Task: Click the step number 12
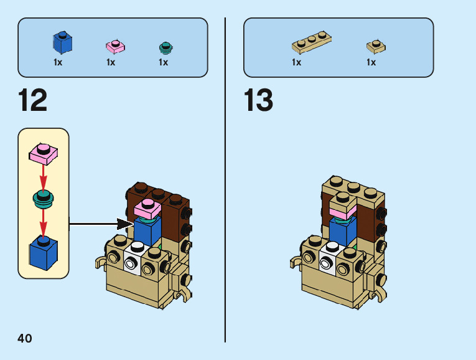pos(33,100)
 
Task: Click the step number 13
pos(258,100)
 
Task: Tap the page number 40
pos(25,338)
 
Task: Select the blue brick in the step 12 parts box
pos(62,42)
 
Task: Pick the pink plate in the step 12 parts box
pos(115,46)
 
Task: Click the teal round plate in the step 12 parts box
pos(166,47)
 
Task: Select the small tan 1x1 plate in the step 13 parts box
pos(375,46)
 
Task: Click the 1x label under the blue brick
pos(58,62)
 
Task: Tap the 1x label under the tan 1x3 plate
pos(296,62)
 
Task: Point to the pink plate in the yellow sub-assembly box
pos(43,154)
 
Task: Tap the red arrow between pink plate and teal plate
pos(43,178)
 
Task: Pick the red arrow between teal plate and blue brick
pos(43,221)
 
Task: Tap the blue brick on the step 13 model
pos(342,231)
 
